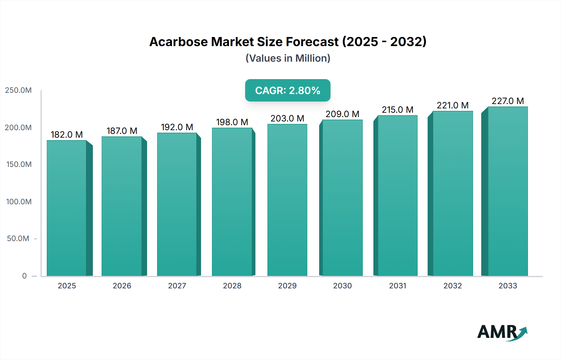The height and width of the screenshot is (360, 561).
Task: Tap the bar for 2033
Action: (508, 191)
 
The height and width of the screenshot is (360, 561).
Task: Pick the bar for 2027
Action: (177, 204)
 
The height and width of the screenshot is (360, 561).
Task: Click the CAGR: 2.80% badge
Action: (288, 90)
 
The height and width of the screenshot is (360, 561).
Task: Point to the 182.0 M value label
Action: (67, 135)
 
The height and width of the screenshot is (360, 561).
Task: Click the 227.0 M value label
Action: (508, 101)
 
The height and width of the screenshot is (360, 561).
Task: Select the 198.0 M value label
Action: (232, 122)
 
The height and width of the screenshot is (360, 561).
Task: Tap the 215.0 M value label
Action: (398, 110)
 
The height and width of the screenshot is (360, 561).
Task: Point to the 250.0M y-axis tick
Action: (18, 90)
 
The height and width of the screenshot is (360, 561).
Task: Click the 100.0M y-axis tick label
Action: (19, 201)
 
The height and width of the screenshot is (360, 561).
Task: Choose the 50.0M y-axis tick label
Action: (18, 239)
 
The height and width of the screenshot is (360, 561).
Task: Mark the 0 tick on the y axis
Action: (24, 276)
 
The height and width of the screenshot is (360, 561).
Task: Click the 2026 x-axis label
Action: (122, 286)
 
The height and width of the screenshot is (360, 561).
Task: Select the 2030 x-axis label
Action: (342, 286)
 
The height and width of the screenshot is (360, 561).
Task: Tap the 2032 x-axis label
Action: (453, 286)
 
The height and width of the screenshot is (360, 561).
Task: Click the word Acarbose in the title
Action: (178, 42)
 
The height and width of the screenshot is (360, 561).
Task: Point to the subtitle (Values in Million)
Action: (288, 58)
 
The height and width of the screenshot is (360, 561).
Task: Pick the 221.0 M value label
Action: (453, 105)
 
